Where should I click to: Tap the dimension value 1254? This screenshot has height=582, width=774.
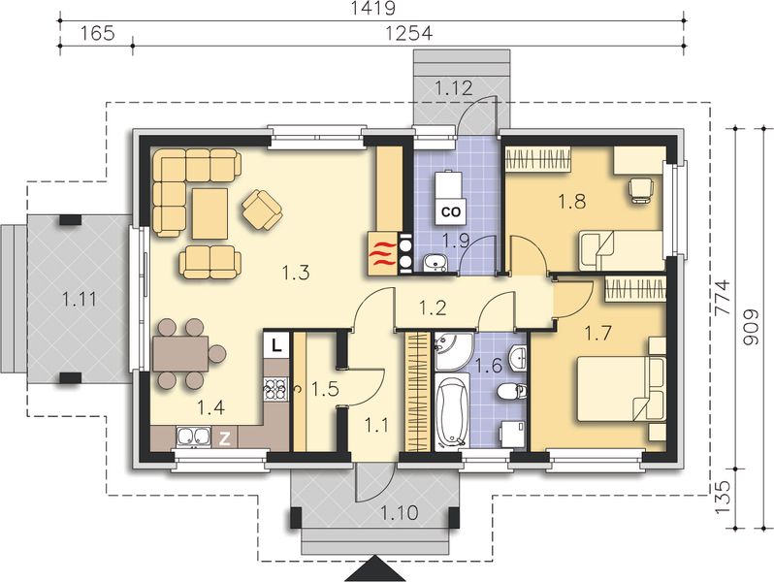tap(408, 33)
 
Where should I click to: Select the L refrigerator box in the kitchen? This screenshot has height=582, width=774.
tap(276, 343)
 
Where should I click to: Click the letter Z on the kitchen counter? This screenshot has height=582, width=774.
tap(225, 438)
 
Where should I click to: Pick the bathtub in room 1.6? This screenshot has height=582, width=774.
tap(452, 412)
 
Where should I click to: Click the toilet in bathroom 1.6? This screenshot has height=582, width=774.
tap(508, 392)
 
